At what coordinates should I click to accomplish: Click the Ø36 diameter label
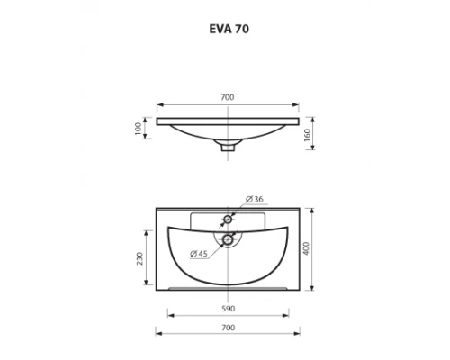tap(254, 199)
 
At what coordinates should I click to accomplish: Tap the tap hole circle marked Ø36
tap(229, 220)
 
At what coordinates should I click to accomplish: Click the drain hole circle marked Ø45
tap(229, 238)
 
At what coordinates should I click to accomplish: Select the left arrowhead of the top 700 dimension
tap(159, 103)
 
